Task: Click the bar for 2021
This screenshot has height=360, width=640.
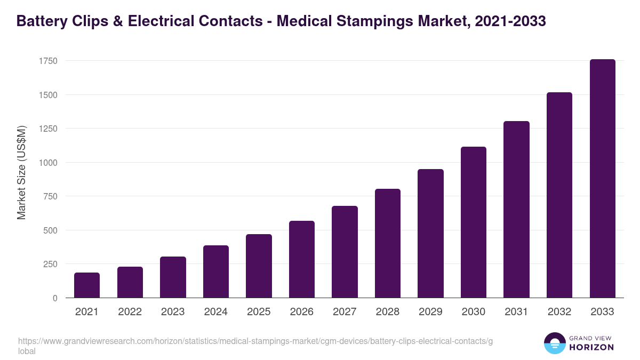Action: coord(87,285)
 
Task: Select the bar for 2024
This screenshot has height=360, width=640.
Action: coord(216,271)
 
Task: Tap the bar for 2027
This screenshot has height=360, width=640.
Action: coord(345,252)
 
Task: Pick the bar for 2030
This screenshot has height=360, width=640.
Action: coord(474,222)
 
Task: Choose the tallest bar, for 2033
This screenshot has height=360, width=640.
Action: coord(602,179)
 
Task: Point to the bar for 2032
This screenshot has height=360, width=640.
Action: coord(559,195)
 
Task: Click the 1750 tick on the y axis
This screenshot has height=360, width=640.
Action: coord(48,61)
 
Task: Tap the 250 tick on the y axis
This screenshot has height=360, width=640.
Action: coord(50,264)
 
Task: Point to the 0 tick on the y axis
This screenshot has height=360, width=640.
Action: coord(55,298)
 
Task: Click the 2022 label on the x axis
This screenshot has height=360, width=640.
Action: coord(130,312)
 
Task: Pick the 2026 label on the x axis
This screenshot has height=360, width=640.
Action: coord(302,312)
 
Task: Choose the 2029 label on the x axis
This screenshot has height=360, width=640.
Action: coord(430,312)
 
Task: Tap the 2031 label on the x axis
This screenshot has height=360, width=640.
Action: coord(516,312)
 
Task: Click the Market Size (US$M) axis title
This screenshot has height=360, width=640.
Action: coord(21,173)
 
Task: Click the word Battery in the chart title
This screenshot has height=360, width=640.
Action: coord(43,21)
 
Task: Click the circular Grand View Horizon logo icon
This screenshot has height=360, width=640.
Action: coord(554,343)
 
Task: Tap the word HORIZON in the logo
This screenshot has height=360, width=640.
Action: coord(591,347)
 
